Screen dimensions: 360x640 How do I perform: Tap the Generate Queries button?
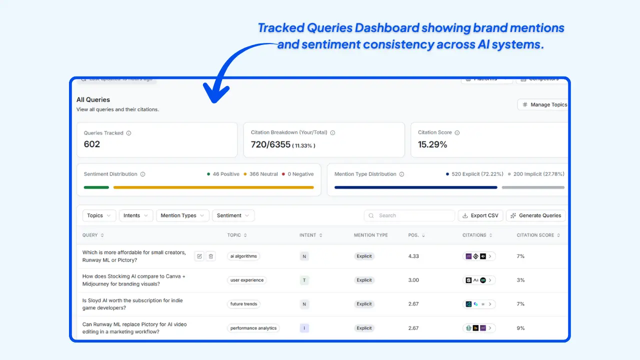pos(535,215)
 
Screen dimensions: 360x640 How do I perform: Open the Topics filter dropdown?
pos(99,215)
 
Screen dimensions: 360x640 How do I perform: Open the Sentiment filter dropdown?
pos(233,215)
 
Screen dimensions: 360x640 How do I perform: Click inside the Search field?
pos(410,215)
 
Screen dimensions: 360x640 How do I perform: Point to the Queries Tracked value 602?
pos(92,144)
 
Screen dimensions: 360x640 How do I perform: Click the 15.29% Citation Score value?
pos(432,144)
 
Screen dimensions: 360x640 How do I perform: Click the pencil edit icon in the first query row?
pos(199,256)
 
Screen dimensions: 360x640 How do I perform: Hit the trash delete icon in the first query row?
pos(211,256)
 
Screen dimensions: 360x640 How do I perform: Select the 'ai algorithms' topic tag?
pos(243,256)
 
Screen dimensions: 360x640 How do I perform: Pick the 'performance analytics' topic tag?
pos(253,328)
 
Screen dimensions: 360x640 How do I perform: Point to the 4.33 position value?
pos(413,256)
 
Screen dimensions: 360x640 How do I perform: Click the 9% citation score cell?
pos(520,328)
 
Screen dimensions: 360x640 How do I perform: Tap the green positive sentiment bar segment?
pos(96,187)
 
